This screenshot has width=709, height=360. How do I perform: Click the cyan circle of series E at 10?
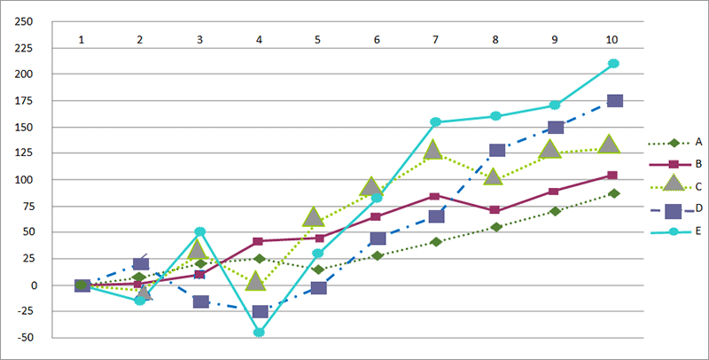[613, 63]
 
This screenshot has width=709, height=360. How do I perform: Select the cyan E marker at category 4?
[259, 333]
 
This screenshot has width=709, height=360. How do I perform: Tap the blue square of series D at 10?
[615, 101]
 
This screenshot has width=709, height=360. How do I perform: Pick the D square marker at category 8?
[497, 150]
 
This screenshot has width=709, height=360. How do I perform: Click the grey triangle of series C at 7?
[433, 150]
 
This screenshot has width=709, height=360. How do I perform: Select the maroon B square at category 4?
[258, 241]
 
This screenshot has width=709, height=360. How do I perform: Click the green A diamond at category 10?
[613, 193]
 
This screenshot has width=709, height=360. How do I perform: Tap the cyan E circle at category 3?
[200, 231]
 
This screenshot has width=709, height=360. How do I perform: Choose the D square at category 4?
[260, 311]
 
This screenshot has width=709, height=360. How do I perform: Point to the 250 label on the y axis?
[24, 21]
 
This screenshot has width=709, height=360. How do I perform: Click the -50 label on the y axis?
[24, 337]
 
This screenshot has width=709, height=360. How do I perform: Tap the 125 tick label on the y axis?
[25, 153]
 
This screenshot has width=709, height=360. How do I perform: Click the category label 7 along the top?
[435, 40]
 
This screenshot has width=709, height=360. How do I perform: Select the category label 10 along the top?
[612, 40]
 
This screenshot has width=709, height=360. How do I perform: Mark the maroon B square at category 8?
[495, 210]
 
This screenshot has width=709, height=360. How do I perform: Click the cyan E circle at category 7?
[435, 121]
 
